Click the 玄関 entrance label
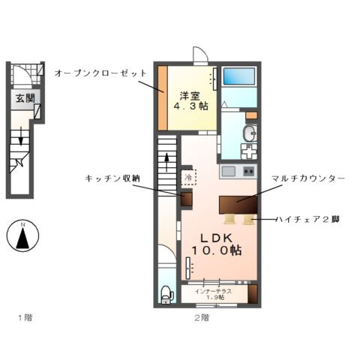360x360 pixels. coord(22,98)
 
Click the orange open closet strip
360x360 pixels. coord(161,97)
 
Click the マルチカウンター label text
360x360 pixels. coord(308,178)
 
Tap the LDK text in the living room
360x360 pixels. coord(215,235)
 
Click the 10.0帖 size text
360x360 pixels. coord(215,249)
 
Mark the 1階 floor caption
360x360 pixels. coord(24,317)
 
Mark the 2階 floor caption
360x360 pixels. coord(200,317)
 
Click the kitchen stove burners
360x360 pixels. coord(228,172)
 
